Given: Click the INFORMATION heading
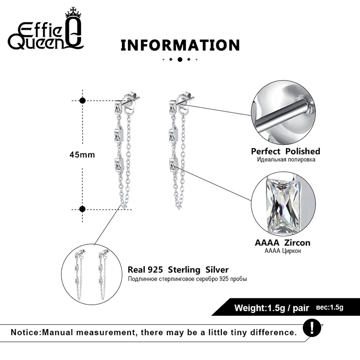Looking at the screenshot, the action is pyautogui.click(x=180, y=45).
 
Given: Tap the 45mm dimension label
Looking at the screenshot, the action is pyautogui.click(x=82, y=154).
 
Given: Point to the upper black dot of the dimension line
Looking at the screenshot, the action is pyautogui.click(x=82, y=100).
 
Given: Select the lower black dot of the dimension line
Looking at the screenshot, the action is pyautogui.click(x=82, y=208).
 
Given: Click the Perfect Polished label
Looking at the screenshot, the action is pyautogui.click(x=285, y=151).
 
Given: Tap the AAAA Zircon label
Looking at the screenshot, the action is pyautogui.click(x=283, y=243).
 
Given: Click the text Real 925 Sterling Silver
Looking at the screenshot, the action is pyautogui.click(x=178, y=270).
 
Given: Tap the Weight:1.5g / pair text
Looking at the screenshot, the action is pyautogui.click(x=271, y=308).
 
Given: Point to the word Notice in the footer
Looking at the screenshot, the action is pyautogui.click(x=25, y=333).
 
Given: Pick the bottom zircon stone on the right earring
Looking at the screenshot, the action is pyautogui.click(x=173, y=165).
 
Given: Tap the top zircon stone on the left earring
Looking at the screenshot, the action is pyautogui.click(x=117, y=108).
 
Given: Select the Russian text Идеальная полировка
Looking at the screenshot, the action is pyautogui.click(x=286, y=160).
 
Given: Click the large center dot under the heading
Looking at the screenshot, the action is pyautogui.click(x=180, y=59).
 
